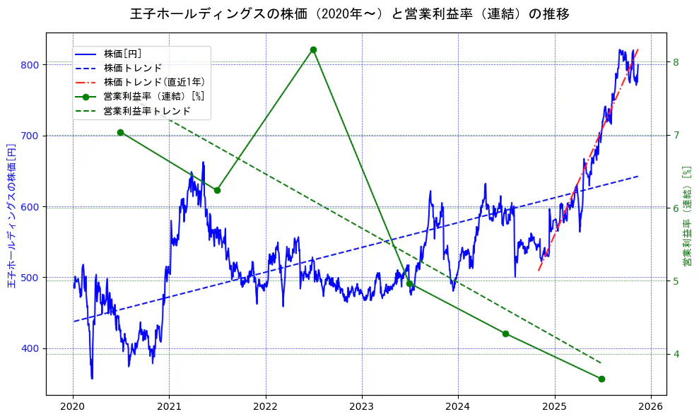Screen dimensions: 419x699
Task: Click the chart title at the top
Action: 350,14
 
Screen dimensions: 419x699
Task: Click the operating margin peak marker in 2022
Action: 313,49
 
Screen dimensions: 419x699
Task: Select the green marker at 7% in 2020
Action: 120,132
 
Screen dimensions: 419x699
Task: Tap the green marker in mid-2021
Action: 217,190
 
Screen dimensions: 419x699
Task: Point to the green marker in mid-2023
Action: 409,283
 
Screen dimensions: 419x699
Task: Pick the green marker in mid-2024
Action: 505,334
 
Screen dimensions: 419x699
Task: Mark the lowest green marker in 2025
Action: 601,379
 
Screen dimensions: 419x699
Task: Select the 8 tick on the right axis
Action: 676,62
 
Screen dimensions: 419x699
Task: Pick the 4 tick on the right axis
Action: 676,354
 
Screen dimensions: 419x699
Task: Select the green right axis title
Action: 686,216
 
